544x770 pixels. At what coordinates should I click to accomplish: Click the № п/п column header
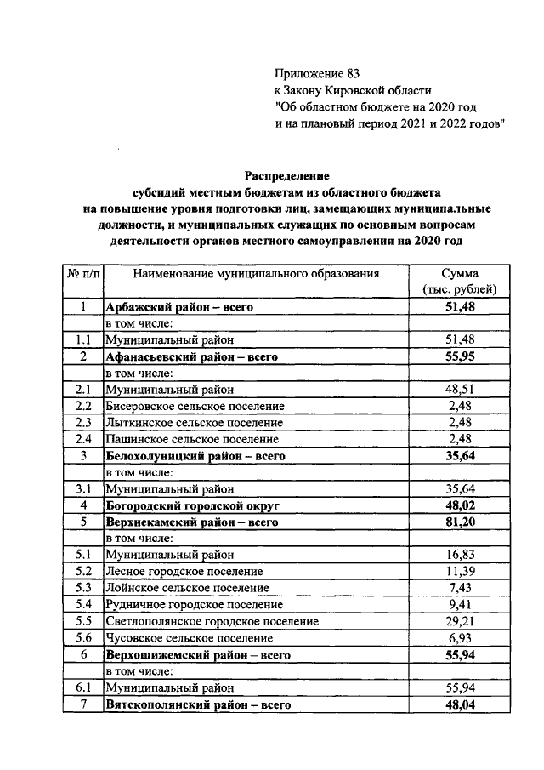[82, 274]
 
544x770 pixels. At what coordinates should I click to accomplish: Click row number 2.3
[82, 422]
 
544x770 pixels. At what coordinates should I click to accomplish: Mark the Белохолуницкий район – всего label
[194, 456]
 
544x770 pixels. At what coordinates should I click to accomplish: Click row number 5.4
[82, 605]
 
